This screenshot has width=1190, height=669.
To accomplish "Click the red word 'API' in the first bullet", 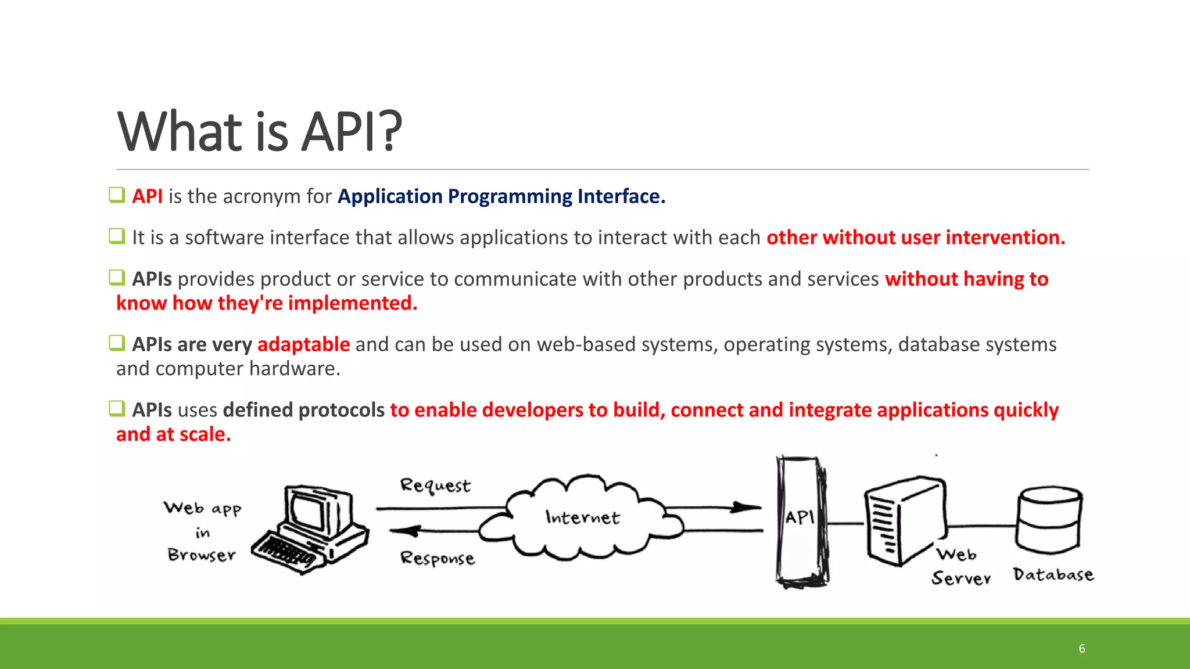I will tap(147, 196).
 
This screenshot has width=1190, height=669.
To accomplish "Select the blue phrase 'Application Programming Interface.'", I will tap(501, 196).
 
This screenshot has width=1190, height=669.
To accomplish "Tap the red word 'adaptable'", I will tap(303, 344).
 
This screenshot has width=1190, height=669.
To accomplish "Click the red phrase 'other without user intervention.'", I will tap(915, 238).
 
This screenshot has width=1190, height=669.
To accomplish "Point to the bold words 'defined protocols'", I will tap(303, 410).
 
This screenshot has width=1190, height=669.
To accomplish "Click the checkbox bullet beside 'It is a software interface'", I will tap(117, 236).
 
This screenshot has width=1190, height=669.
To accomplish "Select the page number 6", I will tap(1081, 649).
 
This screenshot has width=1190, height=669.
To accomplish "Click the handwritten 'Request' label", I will tap(435, 485).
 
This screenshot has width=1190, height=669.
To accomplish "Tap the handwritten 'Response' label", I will tap(437, 558).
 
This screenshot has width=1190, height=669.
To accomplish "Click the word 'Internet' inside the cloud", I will tap(582, 517).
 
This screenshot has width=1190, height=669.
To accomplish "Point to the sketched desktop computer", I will tap(311, 528).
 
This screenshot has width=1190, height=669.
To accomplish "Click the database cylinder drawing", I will tap(1049, 520).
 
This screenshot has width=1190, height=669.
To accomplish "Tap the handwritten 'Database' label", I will tap(1052, 574).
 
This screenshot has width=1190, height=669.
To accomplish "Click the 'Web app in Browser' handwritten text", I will tap(202, 531).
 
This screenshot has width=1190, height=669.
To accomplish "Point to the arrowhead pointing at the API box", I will tap(746, 507).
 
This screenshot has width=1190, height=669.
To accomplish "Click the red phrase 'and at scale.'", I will tap(173, 434).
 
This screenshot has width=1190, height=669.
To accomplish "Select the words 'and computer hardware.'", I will tap(228, 369).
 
